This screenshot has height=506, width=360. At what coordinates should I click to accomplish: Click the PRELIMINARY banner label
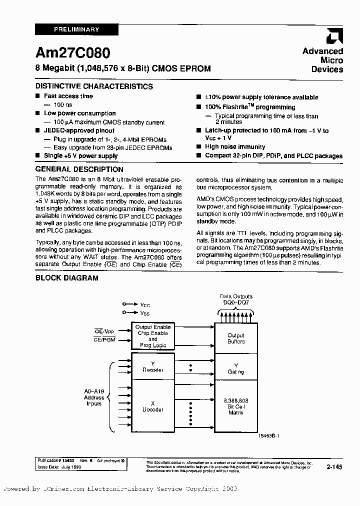[76, 29]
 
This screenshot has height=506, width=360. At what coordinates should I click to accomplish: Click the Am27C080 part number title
[73, 53]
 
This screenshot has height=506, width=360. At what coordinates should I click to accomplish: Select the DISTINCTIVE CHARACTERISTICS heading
[94, 86]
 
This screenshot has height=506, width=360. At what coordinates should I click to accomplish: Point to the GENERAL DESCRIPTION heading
[79, 169]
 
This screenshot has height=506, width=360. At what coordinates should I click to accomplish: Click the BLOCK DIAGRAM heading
[66, 278]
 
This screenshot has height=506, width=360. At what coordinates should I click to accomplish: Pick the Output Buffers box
[236, 338]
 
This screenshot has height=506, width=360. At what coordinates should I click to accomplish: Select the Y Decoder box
[152, 367]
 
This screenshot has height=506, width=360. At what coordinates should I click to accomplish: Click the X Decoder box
[152, 405]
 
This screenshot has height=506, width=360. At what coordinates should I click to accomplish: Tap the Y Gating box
[236, 368]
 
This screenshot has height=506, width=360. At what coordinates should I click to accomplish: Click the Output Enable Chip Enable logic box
[152, 336]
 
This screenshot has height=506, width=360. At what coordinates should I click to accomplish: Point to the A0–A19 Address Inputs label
[93, 397]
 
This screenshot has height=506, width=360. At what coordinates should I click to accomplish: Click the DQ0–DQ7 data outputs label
[236, 299]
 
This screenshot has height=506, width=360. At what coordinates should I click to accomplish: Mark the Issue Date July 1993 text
[59, 466]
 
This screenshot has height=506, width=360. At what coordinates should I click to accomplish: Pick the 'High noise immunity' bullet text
[235, 146]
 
